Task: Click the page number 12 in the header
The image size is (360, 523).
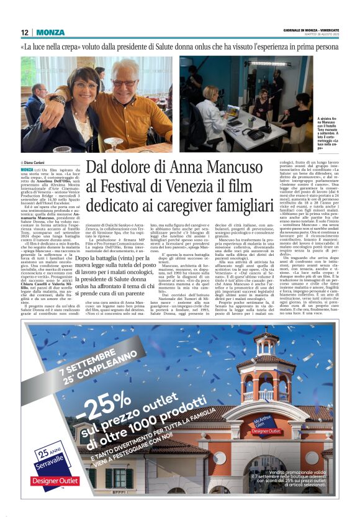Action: [x=24, y=32]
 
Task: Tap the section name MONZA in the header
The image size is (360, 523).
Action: [x=50, y=32]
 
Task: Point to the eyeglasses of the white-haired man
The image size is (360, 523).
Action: [x=126, y=83]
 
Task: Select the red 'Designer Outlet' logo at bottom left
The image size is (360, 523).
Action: [x=55, y=480]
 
